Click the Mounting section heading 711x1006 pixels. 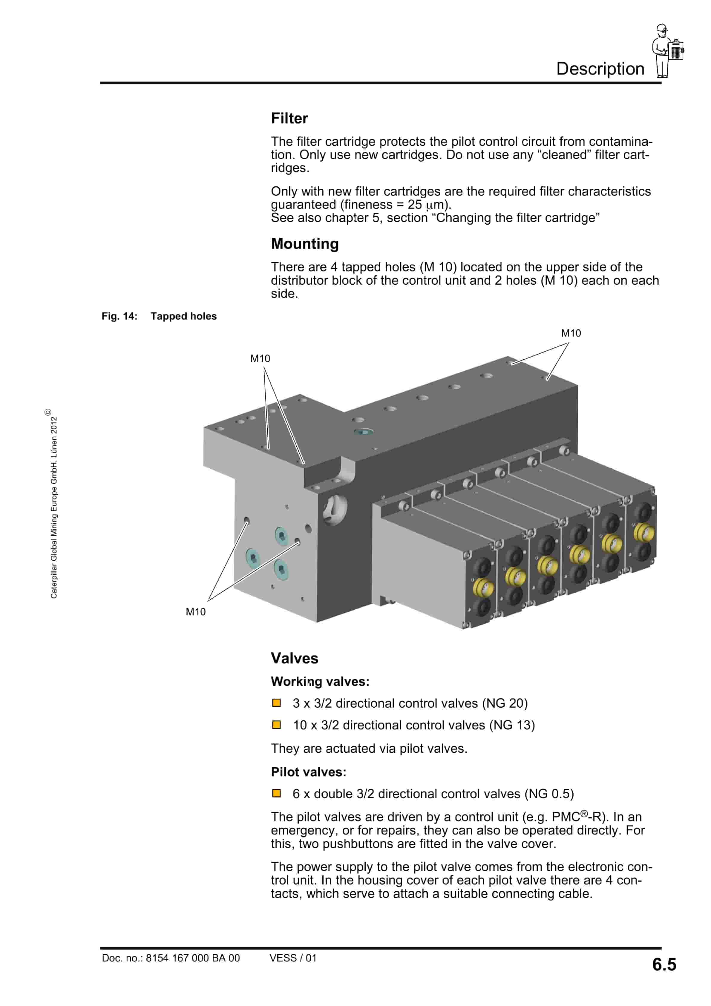(305, 244)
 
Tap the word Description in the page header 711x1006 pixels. (600, 69)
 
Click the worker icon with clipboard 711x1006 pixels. (667, 51)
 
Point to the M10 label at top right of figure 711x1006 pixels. (571, 333)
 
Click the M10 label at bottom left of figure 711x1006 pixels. (195, 612)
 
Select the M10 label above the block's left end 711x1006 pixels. (260, 358)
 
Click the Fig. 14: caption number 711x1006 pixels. (119, 316)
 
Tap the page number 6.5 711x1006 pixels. (664, 964)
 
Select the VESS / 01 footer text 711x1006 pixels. (293, 958)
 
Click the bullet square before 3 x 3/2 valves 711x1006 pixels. (276, 703)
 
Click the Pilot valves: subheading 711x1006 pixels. (308, 772)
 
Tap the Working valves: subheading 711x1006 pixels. (320, 682)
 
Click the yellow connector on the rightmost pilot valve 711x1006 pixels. (643, 533)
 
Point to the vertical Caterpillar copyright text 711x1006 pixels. (53, 504)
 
